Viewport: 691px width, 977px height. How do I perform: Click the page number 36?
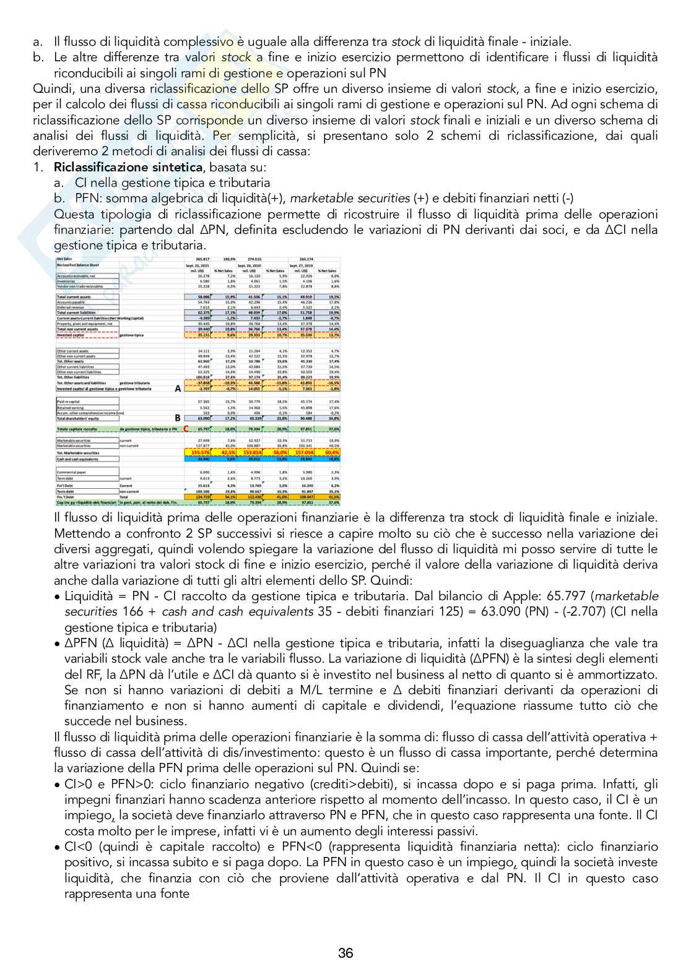(x=345, y=953)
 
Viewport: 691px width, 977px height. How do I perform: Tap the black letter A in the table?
(x=178, y=389)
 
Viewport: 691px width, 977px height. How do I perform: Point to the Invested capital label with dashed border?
(x=71, y=335)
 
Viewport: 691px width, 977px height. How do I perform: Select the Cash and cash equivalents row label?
(x=78, y=459)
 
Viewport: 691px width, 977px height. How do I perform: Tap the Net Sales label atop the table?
(x=64, y=258)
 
